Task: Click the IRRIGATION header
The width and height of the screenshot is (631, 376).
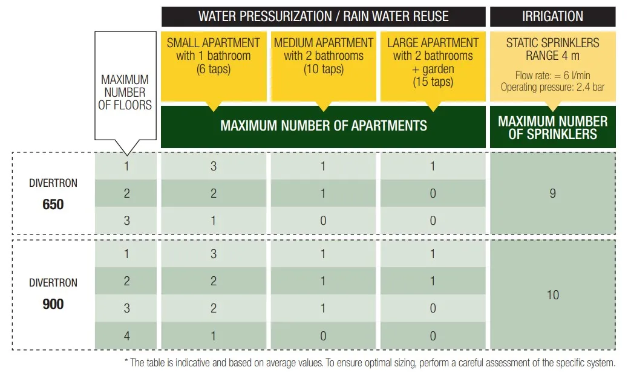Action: tap(552, 16)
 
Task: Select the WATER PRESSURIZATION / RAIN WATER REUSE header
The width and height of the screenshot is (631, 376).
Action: tap(323, 16)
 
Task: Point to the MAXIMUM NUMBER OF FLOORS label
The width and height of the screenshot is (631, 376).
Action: tap(125, 92)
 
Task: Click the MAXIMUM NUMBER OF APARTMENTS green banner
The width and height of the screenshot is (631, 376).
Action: tap(323, 126)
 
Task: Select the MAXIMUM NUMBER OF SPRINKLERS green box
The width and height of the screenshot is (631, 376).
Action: tap(552, 127)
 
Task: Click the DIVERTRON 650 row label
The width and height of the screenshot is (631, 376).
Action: tap(53, 193)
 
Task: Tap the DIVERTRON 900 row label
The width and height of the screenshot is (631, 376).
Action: tap(53, 294)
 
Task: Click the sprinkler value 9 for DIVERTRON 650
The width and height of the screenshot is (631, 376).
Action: tap(552, 193)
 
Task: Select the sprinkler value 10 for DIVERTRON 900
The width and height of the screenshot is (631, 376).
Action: tap(552, 295)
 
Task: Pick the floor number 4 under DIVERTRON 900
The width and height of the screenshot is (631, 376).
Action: tap(126, 335)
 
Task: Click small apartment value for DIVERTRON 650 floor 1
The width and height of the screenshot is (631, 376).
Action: tap(213, 166)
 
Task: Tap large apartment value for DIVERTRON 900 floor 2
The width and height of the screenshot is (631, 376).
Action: tap(433, 281)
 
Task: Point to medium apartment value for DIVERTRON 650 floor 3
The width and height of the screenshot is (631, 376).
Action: tap(323, 221)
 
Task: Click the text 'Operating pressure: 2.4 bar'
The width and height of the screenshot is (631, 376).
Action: tap(552, 87)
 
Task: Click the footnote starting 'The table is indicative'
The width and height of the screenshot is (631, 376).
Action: tap(368, 363)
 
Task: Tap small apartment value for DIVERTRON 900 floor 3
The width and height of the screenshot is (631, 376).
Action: tap(213, 308)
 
